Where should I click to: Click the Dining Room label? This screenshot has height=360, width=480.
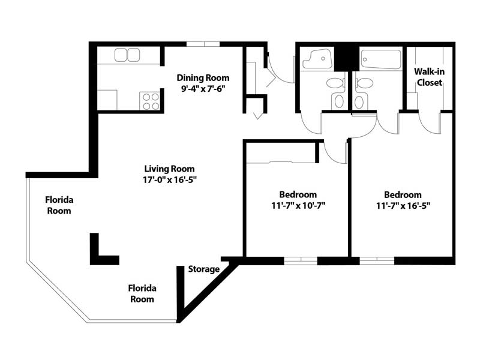(x=203, y=78)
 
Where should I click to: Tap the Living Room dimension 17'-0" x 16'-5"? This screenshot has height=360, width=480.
(x=169, y=179)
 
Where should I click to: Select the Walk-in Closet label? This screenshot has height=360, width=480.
(x=429, y=77)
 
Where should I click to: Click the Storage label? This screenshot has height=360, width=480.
(x=204, y=269)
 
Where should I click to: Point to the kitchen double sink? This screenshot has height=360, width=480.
(x=127, y=55)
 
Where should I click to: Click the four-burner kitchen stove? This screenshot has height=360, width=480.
(x=150, y=101)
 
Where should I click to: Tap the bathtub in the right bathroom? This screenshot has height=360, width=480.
(x=380, y=59)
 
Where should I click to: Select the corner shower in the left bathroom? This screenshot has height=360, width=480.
(x=318, y=58)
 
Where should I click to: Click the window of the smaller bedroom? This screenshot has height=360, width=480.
(x=301, y=261)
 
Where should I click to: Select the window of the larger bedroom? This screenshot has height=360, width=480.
(x=377, y=261)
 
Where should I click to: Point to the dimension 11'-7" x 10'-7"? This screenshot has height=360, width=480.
(x=298, y=205)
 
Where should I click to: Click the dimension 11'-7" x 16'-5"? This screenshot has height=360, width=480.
(x=403, y=206)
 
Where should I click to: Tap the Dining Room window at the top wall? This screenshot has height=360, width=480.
(x=203, y=44)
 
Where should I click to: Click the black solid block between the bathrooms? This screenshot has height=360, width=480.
(x=347, y=58)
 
